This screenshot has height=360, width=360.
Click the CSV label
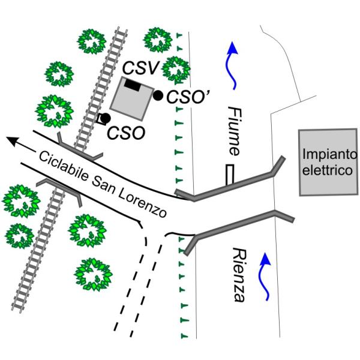(141, 68)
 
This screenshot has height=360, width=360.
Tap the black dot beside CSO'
(158, 95)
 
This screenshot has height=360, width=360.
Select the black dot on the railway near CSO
(106, 118)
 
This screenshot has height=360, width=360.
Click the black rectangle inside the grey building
(132, 86)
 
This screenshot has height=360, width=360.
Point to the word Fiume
(235, 131)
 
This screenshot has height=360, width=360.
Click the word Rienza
(239, 275)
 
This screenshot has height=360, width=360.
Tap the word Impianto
(330, 154)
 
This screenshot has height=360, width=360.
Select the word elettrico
(328, 170)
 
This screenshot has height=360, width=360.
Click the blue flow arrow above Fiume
(232, 65)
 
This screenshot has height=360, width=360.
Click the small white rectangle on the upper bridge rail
(230, 175)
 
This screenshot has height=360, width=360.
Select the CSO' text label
(187, 97)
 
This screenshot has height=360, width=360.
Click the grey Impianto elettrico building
(328, 163)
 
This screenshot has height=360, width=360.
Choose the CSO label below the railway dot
(126, 133)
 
